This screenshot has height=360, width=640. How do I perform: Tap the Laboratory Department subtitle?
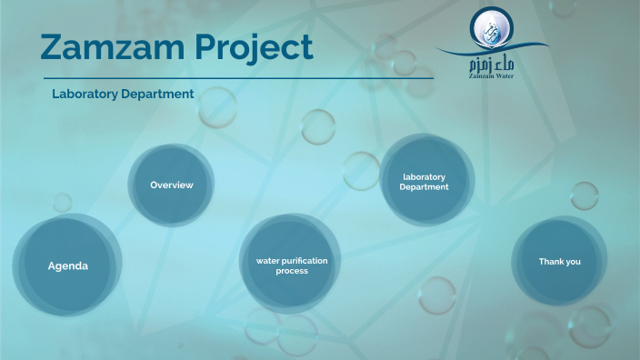pos(123,94)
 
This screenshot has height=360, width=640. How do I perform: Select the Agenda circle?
pos(67,266)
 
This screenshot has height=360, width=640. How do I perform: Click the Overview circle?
pos(172,185)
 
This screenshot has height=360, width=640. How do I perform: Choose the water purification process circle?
pos(291,265)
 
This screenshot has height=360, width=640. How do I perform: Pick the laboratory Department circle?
pos(425,181)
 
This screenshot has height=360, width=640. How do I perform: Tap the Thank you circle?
pos(559,261)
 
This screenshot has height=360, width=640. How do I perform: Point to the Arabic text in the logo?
pos(492,65)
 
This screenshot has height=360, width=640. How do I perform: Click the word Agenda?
pos(67,266)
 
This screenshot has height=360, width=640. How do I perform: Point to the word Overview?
pos(172,185)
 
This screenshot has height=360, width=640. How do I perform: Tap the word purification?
pos(305,261)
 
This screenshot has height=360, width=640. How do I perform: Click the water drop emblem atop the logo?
pos(491,28)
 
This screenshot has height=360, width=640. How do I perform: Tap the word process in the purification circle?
pos(292,271)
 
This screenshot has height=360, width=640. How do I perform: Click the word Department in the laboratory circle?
pos(425,187)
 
